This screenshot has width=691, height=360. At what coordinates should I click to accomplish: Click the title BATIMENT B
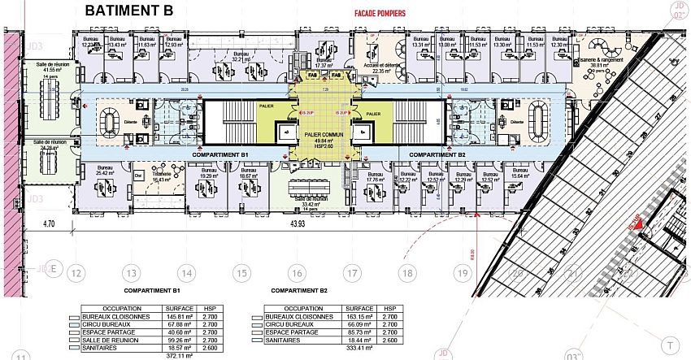[x=134, y=11]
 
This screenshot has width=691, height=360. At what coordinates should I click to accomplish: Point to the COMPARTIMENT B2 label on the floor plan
[x=436, y=154]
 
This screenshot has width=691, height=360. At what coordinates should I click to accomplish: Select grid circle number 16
[x=298, y=274]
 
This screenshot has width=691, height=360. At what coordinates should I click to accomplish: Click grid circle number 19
[x=463, y=274]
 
